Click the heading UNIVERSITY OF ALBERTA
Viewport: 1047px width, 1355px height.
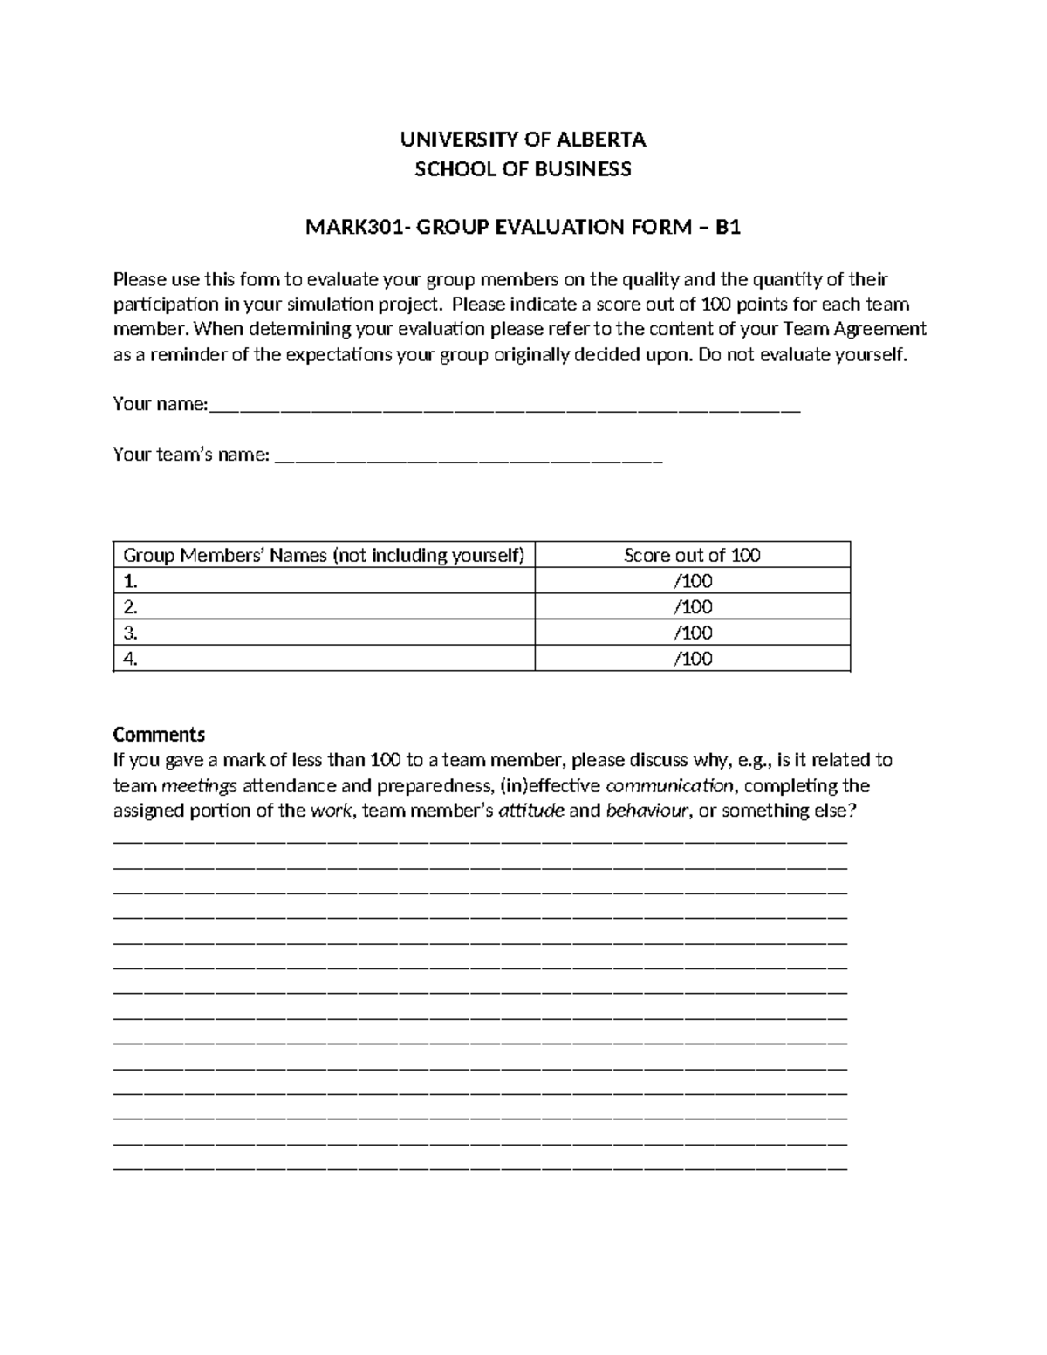(x=523, y=140)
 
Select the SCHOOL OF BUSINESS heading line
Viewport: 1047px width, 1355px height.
(x=523, y=169)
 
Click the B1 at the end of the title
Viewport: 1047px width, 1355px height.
(x=728, y=229)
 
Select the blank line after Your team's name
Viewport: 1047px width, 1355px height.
(x=469, y=456)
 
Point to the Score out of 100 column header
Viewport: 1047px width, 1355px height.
(x=692, y=556)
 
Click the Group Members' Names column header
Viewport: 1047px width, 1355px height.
(x=324, y=556)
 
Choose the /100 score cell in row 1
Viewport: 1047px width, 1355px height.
(x=693, y=581)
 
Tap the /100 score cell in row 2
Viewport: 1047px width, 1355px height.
(x=693, y=607)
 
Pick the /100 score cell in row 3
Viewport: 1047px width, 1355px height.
(x=693, y=633)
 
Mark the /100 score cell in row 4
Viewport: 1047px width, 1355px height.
(x=693, y=659)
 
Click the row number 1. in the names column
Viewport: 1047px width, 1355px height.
(x=131, y=581)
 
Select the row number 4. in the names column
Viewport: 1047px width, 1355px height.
(x=131, y=659)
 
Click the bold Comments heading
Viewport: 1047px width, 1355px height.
(x=159, y=734)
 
